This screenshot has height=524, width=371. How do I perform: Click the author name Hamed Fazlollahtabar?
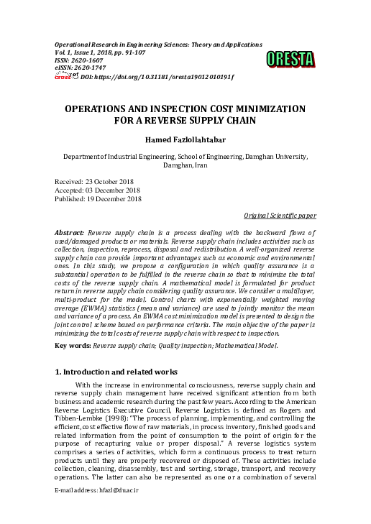coord(185,139)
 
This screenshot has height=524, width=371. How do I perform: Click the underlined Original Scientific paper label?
coord(279,215)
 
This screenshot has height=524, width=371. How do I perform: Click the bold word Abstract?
coord(70,234)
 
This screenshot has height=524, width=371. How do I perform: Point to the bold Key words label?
coord(73,346)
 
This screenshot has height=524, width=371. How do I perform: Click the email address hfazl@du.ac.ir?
coord(115,509)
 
